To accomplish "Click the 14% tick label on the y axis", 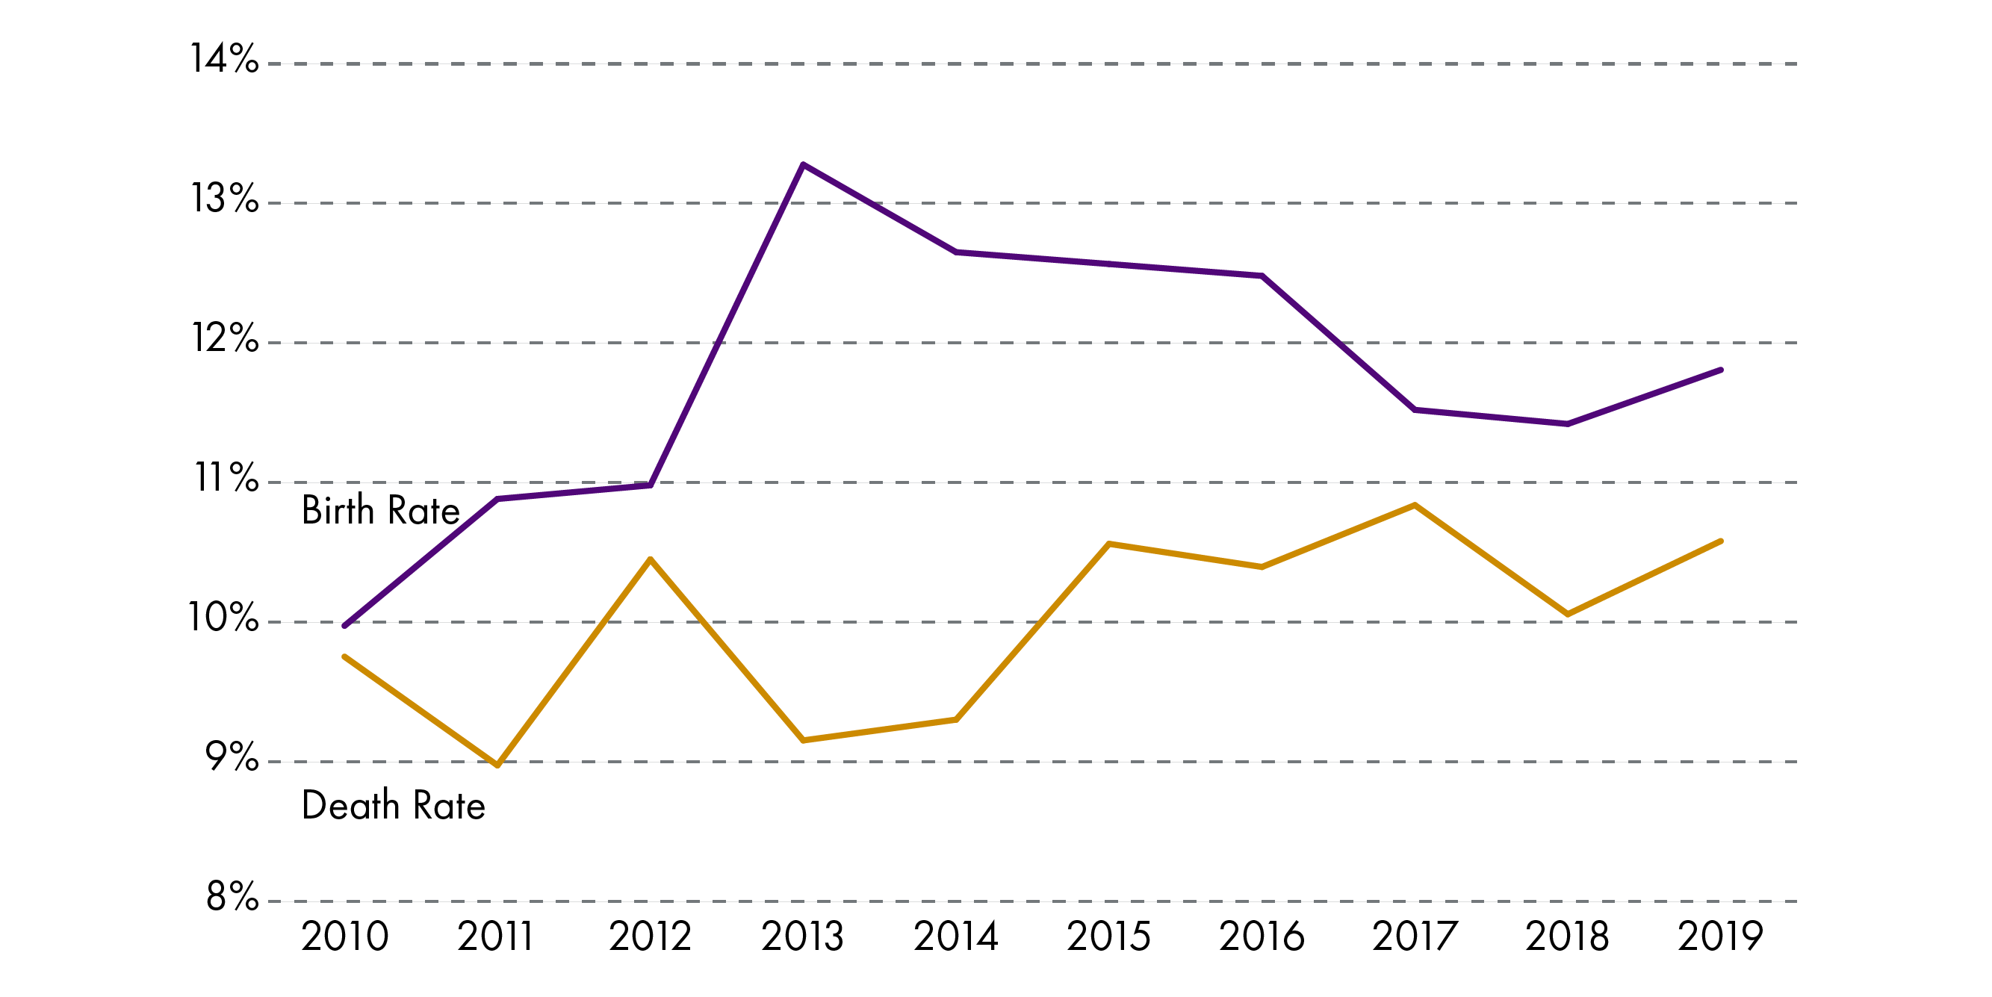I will click(x=224, y=59).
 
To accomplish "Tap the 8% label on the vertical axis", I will click(x=232, y=896).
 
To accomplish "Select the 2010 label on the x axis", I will click(x=344, y=937).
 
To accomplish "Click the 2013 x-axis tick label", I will click(x=803, y=937).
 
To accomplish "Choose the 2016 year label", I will click(x=1262, y=937).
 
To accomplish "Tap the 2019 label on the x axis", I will click(x=1720, y=937).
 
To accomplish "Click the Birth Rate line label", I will click(x=380, y=511).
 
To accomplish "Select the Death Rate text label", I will click(x=393, y=805).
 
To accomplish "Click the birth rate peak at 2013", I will click(x=803, y=165).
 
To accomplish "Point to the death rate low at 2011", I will click(x=497, y=765).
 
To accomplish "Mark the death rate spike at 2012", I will click(x=651, y=559).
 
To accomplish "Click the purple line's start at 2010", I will click(x=344, y=626).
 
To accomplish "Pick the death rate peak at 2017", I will click(x=1415, y=505).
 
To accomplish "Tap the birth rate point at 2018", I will click(x=1567, y=424).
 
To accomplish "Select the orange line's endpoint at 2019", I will click(x=1721, y=541).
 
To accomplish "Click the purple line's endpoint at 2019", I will click(x=1721, y=370).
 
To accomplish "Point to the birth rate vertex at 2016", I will click(x=1262, y=276).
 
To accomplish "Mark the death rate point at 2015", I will click(x=1109, y=544).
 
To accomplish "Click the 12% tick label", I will click(x=225, y=338).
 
